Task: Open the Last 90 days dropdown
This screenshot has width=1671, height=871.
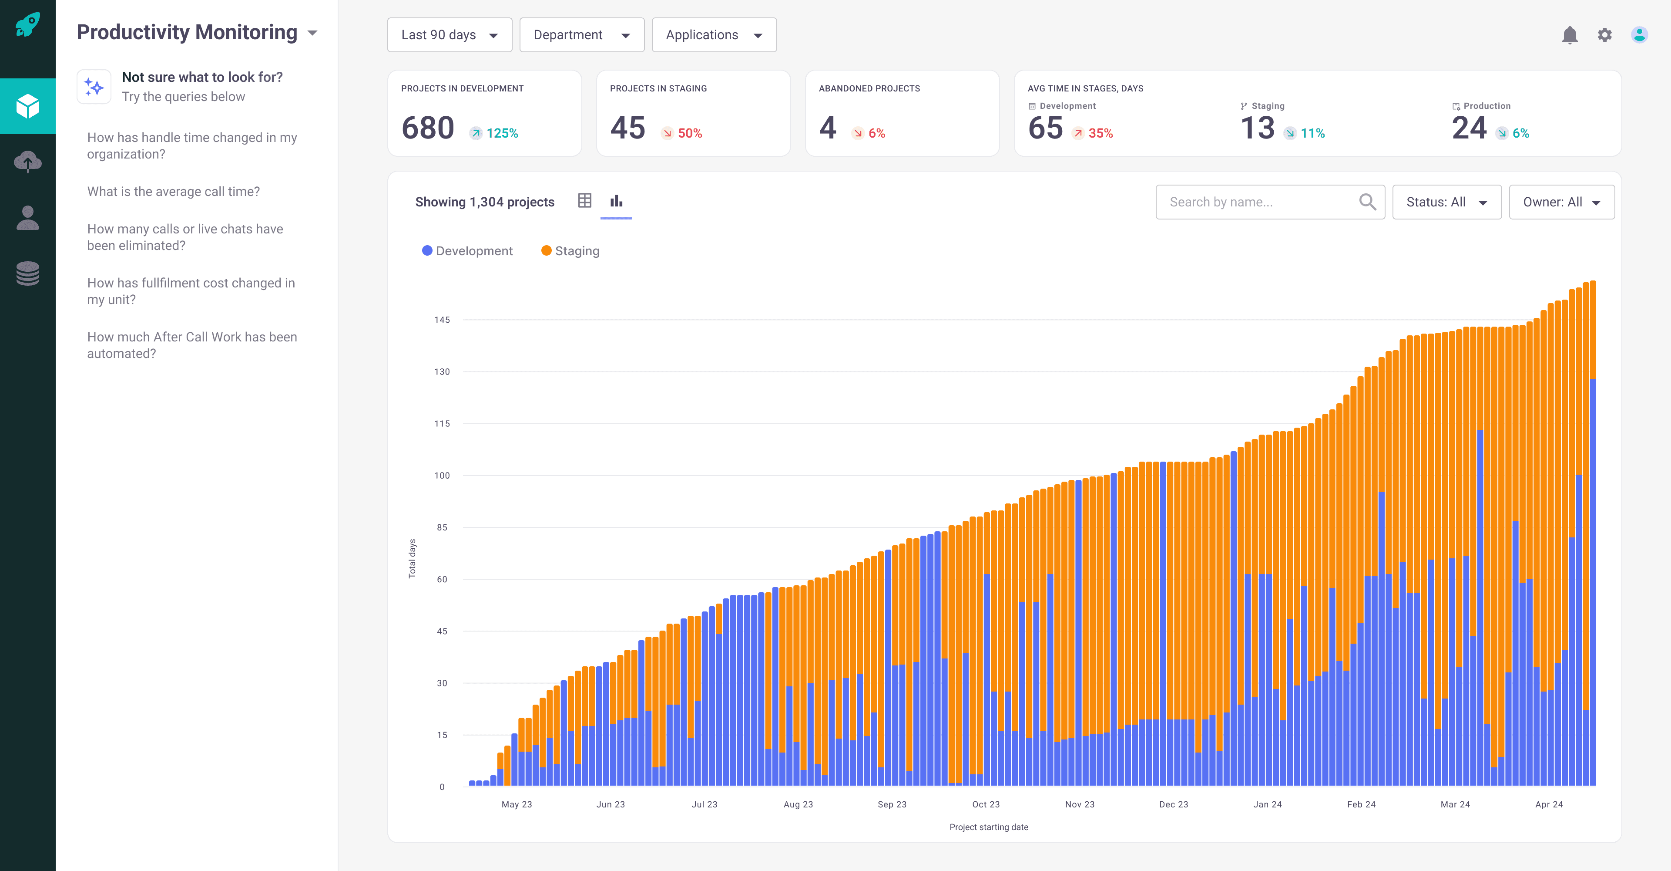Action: (449, 35)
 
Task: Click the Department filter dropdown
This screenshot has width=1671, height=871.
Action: (581, 35)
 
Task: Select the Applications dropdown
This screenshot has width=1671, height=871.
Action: (714, 35)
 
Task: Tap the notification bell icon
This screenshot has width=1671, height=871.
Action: (1569, 35)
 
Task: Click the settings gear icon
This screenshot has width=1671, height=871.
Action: (1604, 35)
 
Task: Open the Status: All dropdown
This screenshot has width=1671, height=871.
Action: (1446, 202)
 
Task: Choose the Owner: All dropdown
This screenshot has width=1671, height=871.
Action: (1561, 202)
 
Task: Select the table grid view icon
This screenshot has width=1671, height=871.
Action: (584, 201)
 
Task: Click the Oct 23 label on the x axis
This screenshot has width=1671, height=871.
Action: (985, 804)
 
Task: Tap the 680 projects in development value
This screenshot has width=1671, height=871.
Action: (427, 128)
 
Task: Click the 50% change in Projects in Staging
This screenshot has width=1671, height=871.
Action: (689, 133)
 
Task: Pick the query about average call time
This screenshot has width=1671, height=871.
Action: (173, 192)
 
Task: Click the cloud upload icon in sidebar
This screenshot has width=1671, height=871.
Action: (28, 162)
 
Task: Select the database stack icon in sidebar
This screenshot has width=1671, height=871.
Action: (28, 273)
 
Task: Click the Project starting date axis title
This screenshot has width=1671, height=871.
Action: (988, 827)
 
